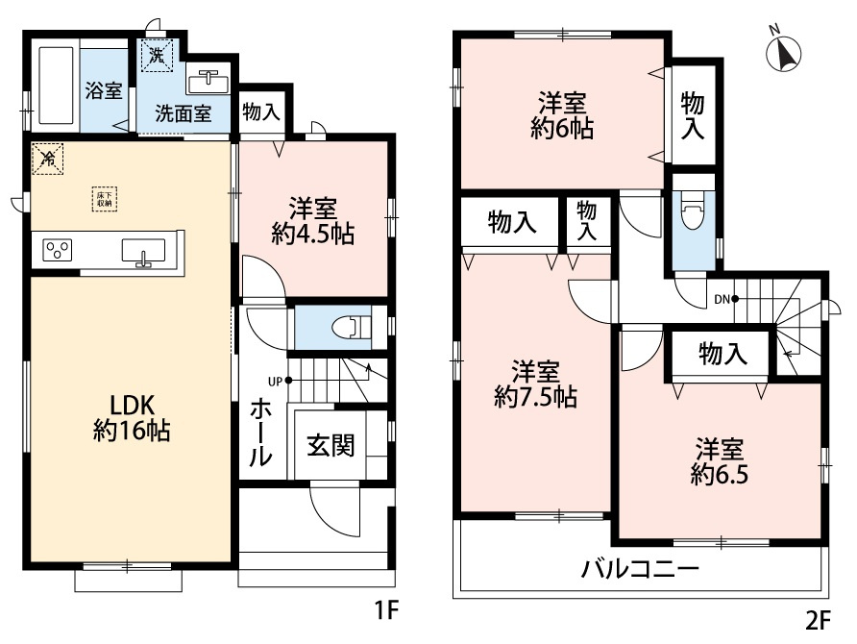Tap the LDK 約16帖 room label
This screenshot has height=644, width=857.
[x=132, y=417]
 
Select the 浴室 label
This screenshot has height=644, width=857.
[x=104, y=92]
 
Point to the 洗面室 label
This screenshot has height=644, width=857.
[x=184, y=112]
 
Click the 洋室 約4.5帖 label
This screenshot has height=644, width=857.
[x=313, y=220]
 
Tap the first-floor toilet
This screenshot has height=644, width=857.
[x=352, y=328]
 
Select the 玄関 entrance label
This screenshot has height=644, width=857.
[x=331, y=445]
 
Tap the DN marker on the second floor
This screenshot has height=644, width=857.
[x=722, y=299]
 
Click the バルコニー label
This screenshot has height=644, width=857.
[x=639, y=568]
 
